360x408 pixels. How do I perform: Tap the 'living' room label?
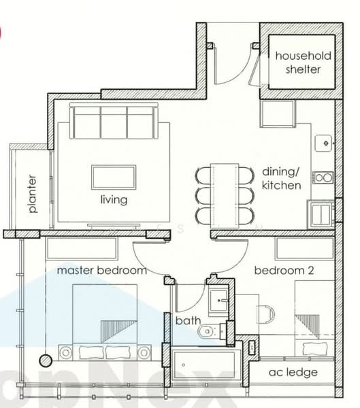pyautogui.click(x=114, y=200)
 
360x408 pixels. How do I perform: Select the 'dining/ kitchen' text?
pyautogui.click(x=281, y=178)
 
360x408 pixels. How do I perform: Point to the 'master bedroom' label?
pyautogui.click(x=101, y=270)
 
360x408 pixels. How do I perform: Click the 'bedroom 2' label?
pyautogui.click(x=284, y=270)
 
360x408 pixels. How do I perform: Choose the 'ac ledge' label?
pyautogui.click(x=293, y=372)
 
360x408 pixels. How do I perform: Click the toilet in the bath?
pyautogui.click(x=208, y=332)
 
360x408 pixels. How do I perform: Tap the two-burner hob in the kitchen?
pyautogui.click(x=323, y=178)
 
